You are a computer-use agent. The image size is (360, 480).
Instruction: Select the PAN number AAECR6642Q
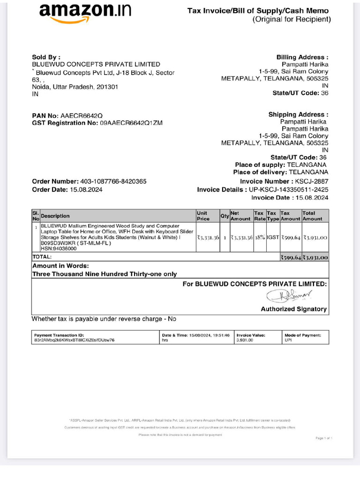(82, 116)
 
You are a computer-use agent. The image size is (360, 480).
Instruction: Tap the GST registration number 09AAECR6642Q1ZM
(132, 123)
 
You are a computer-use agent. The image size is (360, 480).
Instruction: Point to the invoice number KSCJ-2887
(312, 181)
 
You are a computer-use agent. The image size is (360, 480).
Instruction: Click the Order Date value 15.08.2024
(86, 190)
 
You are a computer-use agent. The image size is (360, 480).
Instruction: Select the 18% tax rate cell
(260, 238)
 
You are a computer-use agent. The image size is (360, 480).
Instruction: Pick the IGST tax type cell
(273, 238)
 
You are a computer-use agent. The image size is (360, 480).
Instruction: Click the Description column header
(55, 216)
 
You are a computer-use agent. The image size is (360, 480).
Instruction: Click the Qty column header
(225, 216)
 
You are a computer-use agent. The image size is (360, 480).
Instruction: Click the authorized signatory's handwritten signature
(290, 295)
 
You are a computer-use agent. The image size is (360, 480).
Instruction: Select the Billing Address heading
(302, 57)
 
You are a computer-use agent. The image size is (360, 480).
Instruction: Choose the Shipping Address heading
(298, 114)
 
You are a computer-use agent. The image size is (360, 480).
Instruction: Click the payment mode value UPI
(288, 340)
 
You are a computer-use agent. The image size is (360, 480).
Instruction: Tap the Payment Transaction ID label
(59, 335)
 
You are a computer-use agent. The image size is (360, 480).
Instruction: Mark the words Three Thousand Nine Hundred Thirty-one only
(105, 274)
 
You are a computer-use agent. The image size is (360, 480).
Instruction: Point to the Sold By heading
(46, 57)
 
